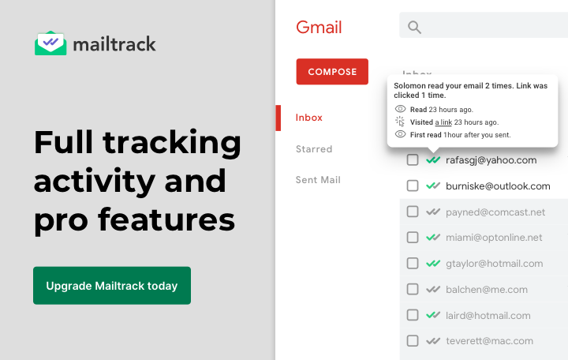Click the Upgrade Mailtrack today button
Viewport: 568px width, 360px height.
(111, 286)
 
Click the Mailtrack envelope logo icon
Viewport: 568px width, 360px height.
(50, 43)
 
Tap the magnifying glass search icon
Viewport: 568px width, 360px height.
(414, 28)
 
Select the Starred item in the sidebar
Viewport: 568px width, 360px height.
(314, 149)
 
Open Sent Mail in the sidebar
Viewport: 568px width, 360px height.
(318, 180)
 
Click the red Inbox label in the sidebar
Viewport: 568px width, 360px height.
(309, 118)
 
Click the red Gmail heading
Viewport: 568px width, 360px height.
(319, 28)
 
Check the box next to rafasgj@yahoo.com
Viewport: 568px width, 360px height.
(413, 160)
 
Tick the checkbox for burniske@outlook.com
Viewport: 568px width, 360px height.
(413, 186)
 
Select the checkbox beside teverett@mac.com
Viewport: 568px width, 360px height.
(413, 341)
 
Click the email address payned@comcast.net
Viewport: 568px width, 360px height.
(495, 212)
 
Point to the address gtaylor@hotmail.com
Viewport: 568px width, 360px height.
(494, 264)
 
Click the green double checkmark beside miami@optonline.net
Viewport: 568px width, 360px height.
(432, 238)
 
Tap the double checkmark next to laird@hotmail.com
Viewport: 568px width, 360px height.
(432, 315)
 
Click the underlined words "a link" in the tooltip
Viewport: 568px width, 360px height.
(443, 122)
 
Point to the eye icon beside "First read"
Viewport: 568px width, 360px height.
(400, 135)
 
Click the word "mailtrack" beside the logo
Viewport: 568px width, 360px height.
(114, 43)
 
